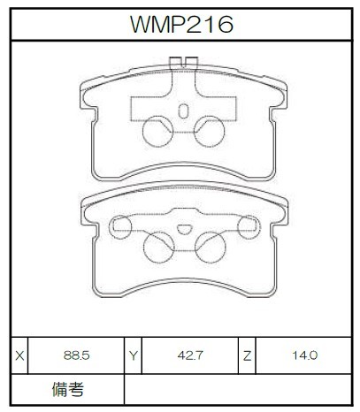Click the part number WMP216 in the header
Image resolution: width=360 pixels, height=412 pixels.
[x=181, y=24]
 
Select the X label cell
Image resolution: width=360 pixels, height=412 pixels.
[x=19, y=355]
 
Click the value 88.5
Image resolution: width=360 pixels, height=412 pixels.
[x=76, y=355]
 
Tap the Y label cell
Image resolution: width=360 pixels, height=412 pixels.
[x=134, y=355]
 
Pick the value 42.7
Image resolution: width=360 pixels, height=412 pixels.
[x=190, y=355]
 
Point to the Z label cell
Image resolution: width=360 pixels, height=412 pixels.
[x=247, y=355]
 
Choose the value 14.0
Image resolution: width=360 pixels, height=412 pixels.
[x=304, y=355]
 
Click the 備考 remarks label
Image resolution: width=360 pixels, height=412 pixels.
[x=68, y=389]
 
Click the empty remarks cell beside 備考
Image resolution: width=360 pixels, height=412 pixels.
[x=238, y=390]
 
